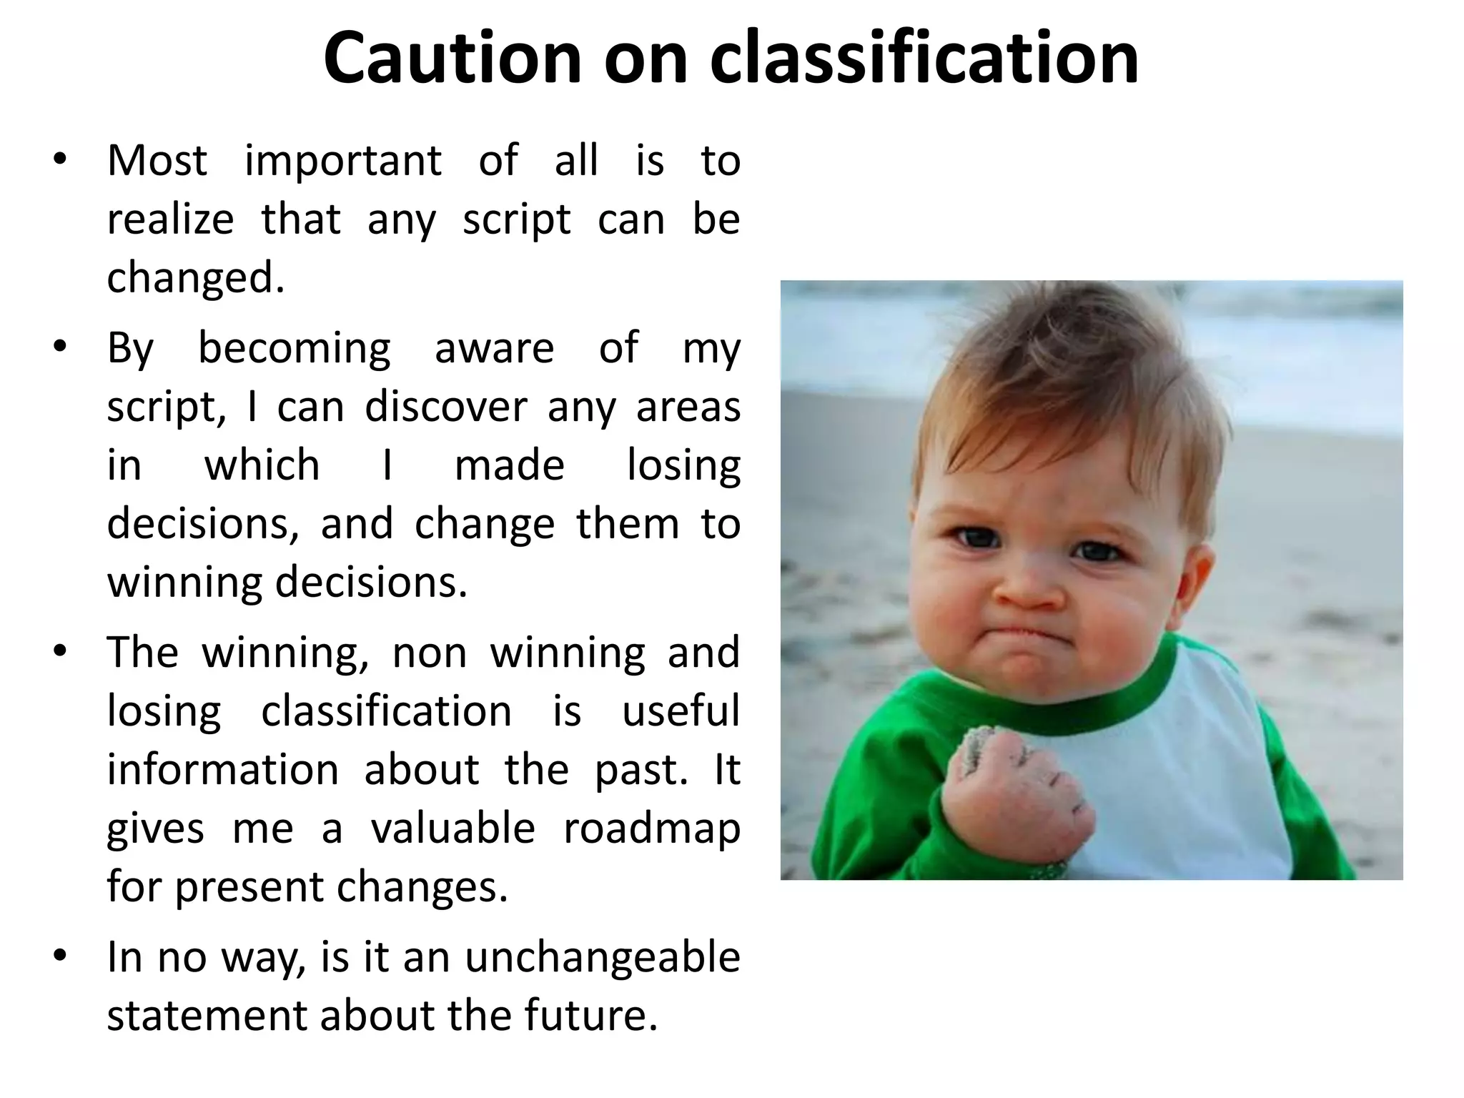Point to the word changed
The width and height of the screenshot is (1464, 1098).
click(x=194, y=277)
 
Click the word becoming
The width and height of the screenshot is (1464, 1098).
click(x=294, y=349)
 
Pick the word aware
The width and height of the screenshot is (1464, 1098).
click(x=494, y=349)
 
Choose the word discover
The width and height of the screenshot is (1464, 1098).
click(x=445, y=407)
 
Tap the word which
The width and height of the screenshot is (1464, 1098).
click(x=262, y=465)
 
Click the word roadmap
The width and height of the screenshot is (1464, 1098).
click(x=651, y=829)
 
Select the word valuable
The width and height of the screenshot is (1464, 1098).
click(x=452, y=829)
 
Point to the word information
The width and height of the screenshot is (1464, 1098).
click(x=223, y=770)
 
